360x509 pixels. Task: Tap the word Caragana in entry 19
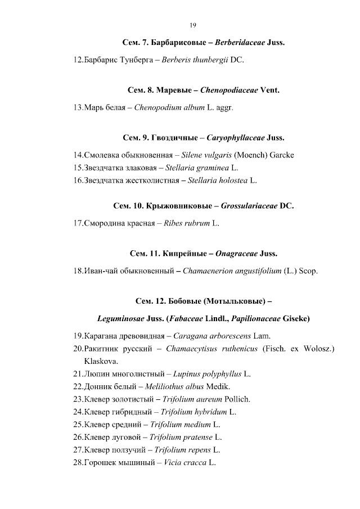[x=174, y=336]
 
